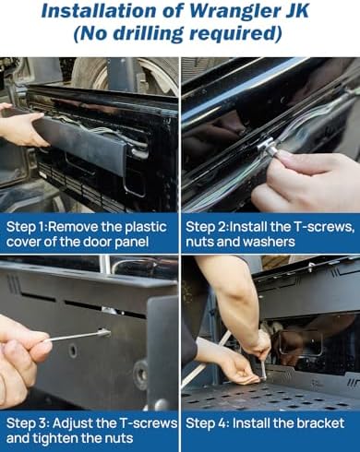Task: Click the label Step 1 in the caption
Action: (x=26, y=228)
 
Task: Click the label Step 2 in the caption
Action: (x=207, y=227)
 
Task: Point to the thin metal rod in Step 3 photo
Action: (x=77, y=336)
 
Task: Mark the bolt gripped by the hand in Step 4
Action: (x=264, y=369)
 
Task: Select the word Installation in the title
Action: (x=94, y=11)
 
